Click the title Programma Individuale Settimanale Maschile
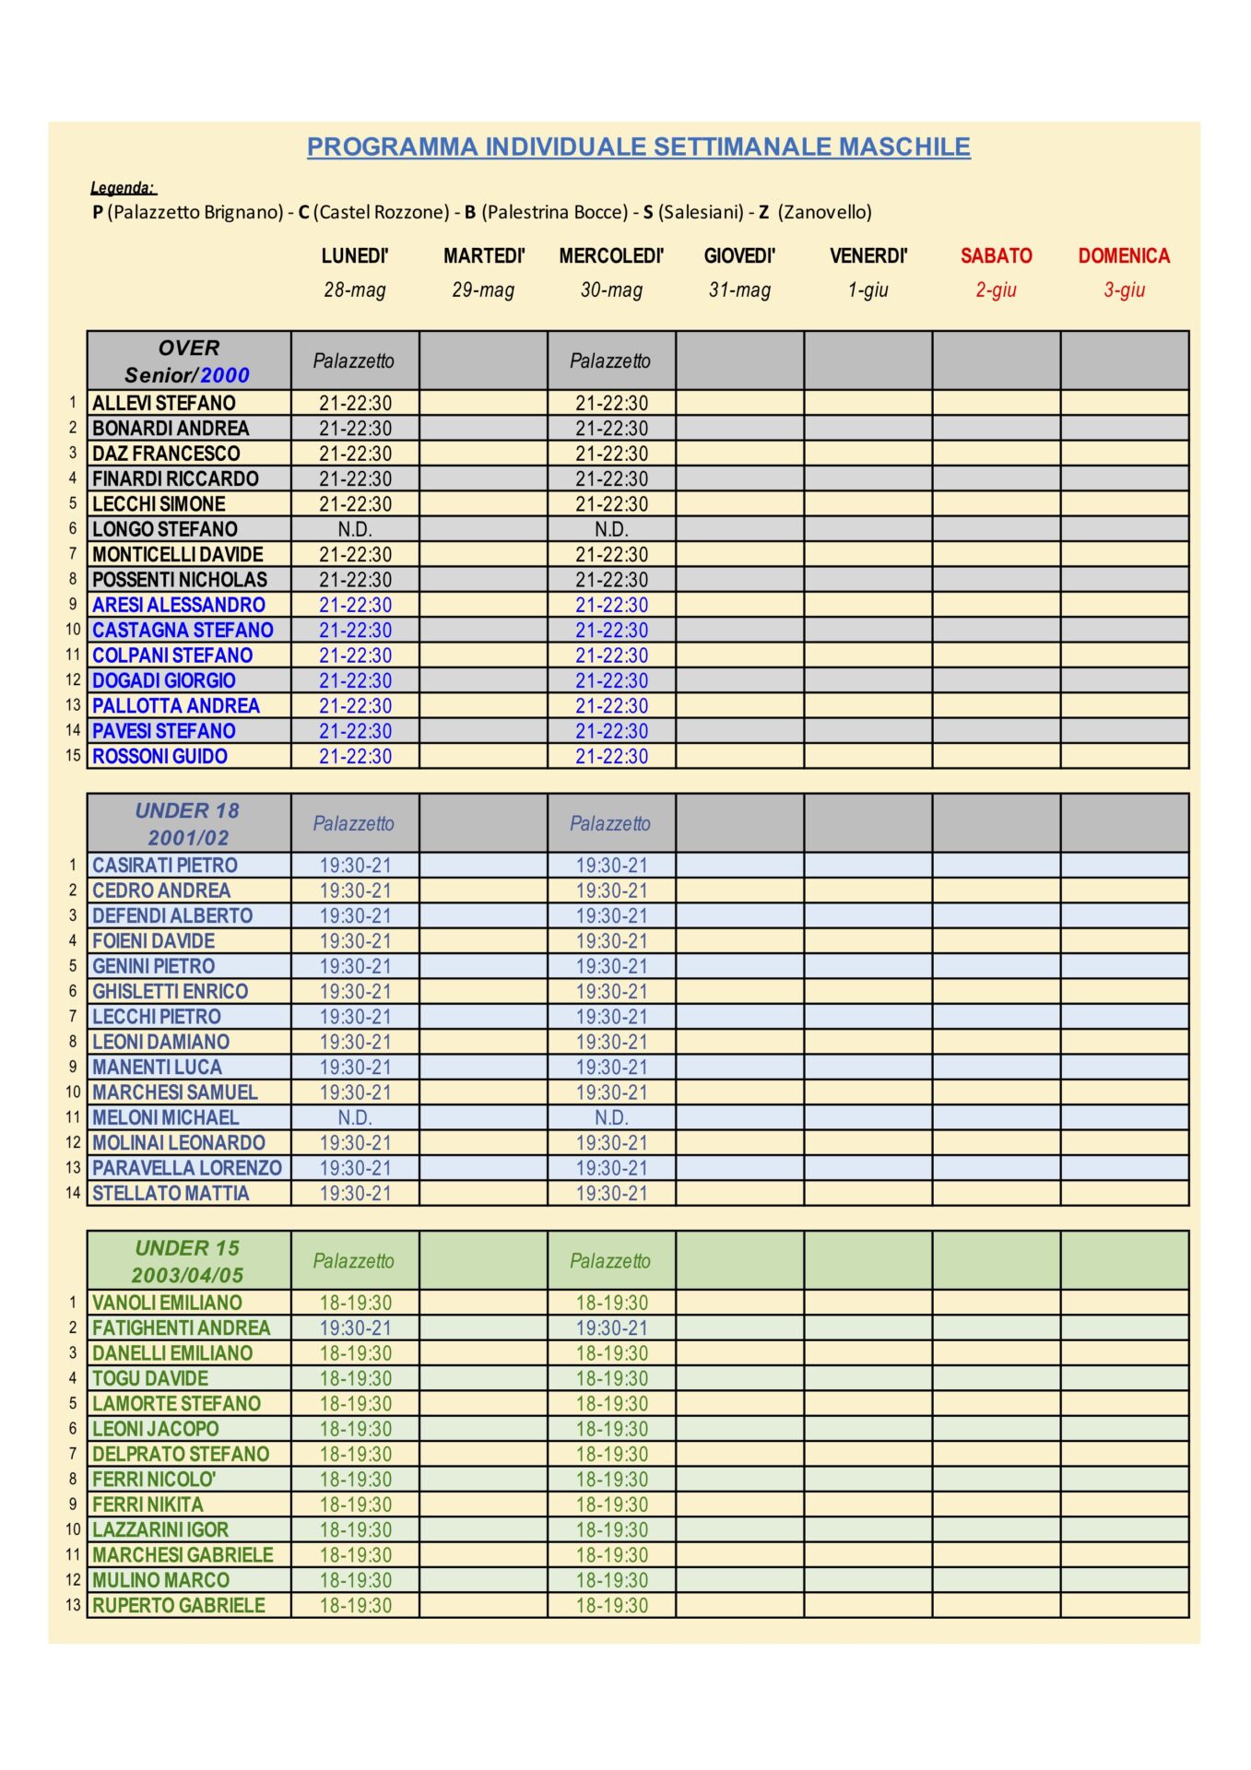point(638,147)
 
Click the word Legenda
point(123,188)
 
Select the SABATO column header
point(996,256)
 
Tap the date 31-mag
point(739,289)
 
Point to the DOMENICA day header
point(1124,256)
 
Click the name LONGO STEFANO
point(165,529)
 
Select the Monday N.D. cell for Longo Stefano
point(355,529)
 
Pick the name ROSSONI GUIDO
point(159,756)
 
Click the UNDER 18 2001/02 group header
point(188,823)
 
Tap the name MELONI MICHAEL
point(166,1117)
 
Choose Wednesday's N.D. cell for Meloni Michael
point(611,1117)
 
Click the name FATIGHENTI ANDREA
point(182,1327)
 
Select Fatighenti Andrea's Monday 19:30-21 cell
point(355,1327)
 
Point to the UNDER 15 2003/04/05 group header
point(188,1260)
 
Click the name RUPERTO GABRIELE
point(179,1605)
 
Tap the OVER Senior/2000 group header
point(188,360)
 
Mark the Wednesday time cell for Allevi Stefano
point(611,403)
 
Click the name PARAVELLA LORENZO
point(187,1168)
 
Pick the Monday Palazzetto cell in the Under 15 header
point(354,1260)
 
